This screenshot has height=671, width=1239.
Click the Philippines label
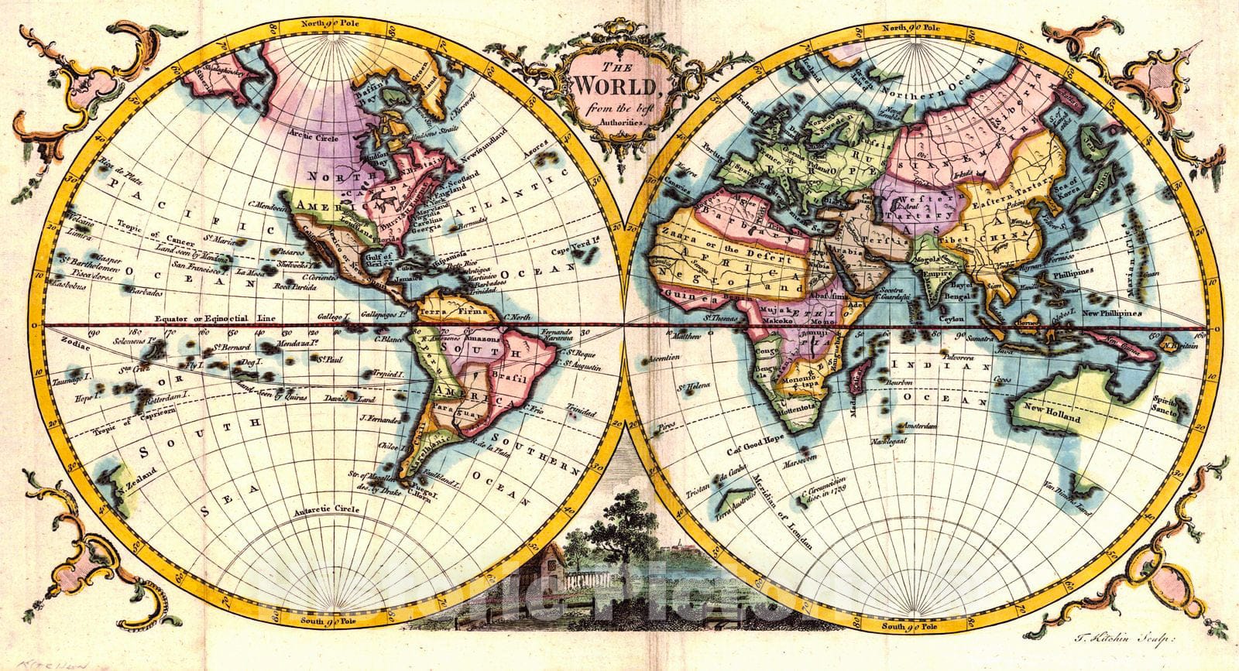point(1071,272)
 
